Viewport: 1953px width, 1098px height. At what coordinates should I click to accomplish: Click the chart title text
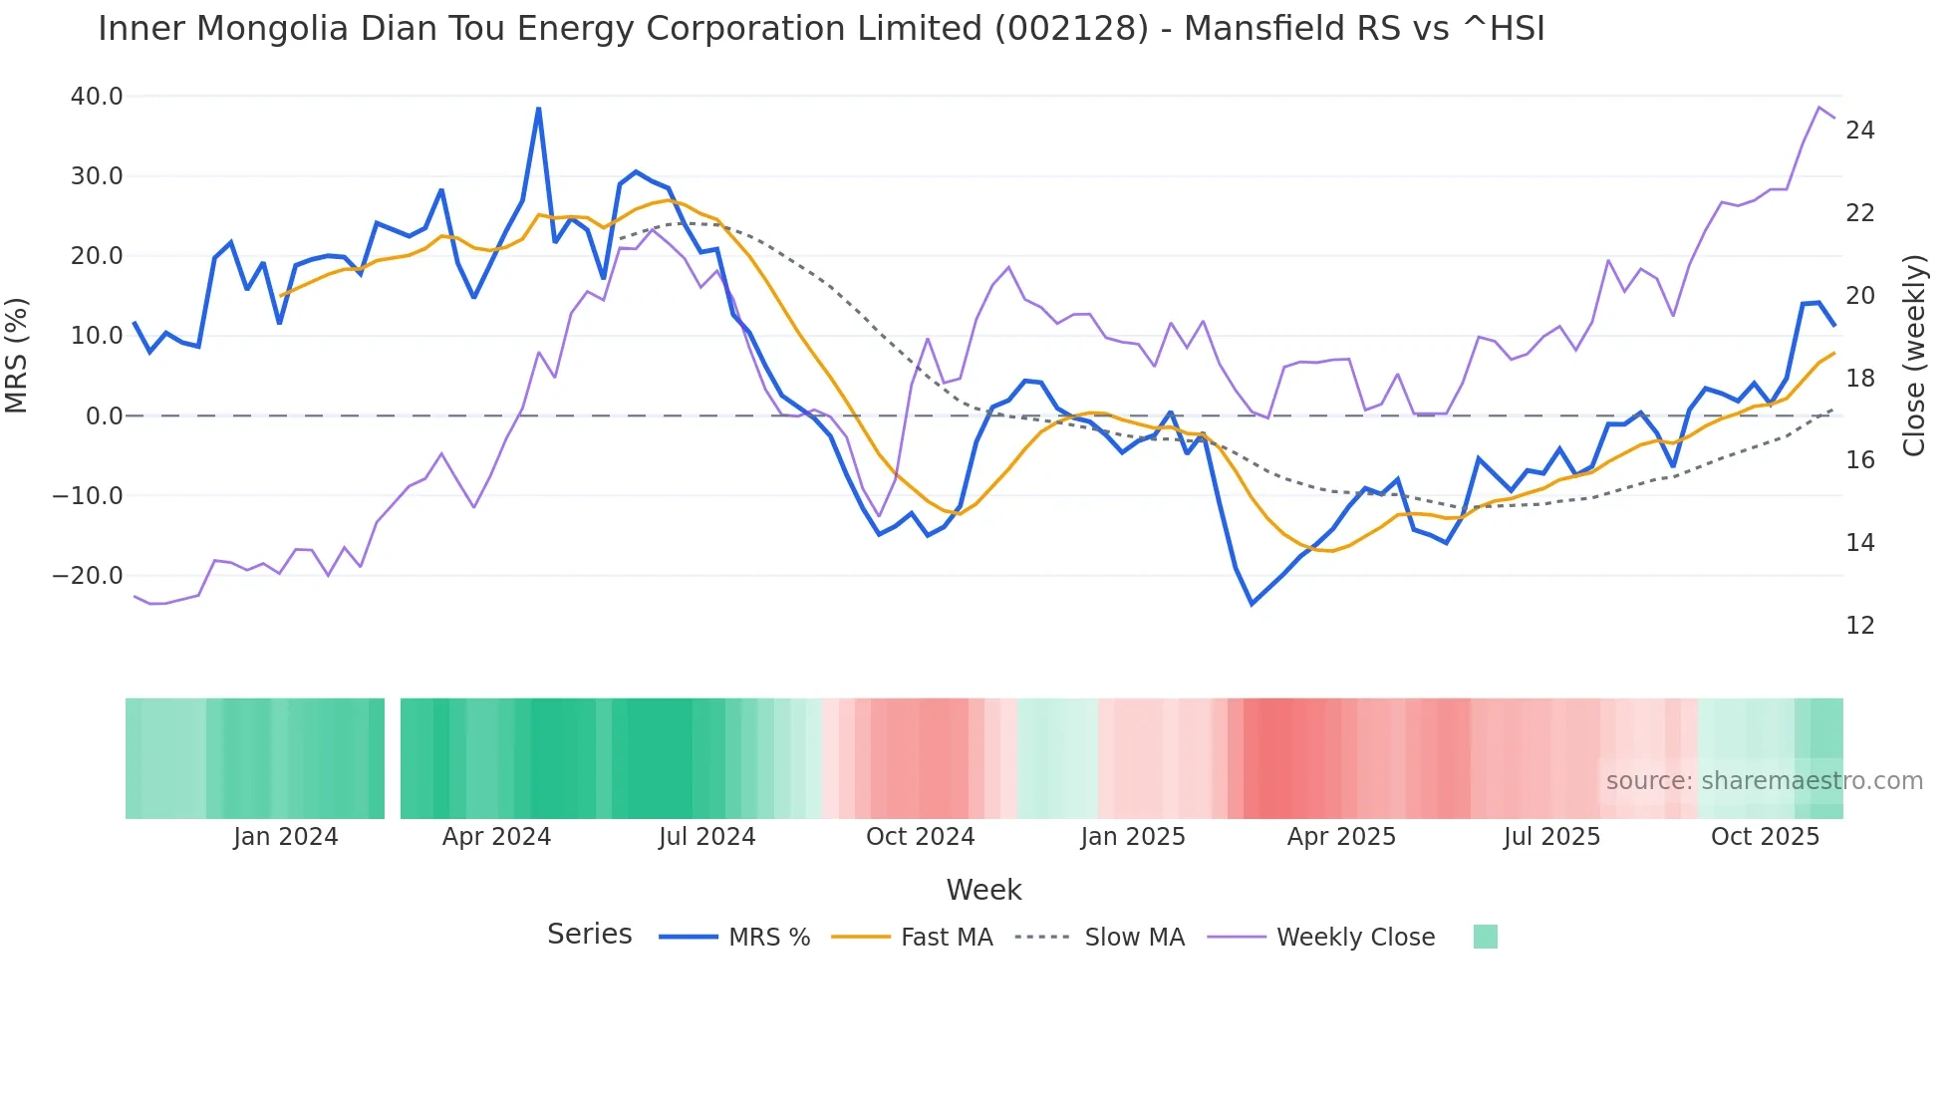pyautogui.click(x=821, y=29)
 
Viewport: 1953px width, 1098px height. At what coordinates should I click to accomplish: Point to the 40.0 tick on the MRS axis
pyautogui.click(x=97, y=97)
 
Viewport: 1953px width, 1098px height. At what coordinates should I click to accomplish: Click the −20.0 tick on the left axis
pyautogui.click(x=88, y=576)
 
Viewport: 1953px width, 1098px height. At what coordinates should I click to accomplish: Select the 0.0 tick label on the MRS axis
pyautogui.click(x=104, y=416)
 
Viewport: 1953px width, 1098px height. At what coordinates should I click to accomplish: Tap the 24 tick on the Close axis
pyautogui.click(x=1860, y=131)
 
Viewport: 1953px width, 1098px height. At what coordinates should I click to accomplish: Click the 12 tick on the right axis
pyautogui.click(x=1860, y=626)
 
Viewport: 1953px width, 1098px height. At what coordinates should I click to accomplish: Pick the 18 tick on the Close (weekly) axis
pyautogui.click(x=1860, y=379)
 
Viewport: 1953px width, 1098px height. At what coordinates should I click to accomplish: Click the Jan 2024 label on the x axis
pyautogui.click(x=286, y=837)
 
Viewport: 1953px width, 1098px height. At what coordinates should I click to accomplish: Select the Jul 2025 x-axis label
pyautogui.click(x=1551, y=837)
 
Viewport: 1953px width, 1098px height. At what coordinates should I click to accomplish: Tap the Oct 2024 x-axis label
pyautogui.click(x=920, y=837)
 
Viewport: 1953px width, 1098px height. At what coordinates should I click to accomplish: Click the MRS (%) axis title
pyautogui.click(x=17, y=356)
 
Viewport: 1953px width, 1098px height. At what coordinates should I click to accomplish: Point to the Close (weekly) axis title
pyautogui.click(x=1914, y=356)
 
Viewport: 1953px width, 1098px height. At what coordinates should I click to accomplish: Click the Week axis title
pyautogui.click(x=983, y=890)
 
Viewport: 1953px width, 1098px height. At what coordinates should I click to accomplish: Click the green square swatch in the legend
pyautogui.click(x=1485, y=937)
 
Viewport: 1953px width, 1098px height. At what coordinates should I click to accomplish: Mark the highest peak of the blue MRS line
pyautogui.click(x=539, y=109)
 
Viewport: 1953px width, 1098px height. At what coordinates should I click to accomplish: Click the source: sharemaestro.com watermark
pyautogui.click(x=1764, y=781)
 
